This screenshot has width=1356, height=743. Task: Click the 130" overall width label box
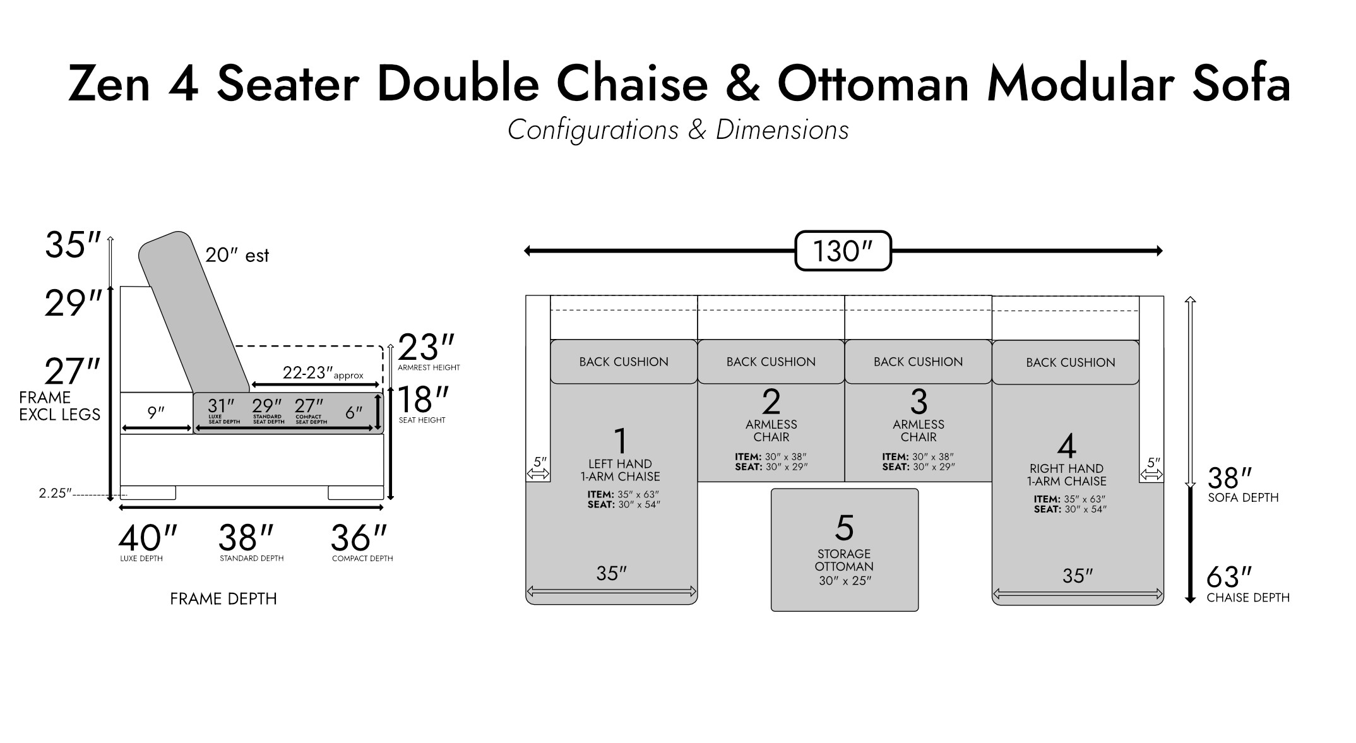tap(843, 251)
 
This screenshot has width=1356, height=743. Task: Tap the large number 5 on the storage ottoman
tap(845, 528)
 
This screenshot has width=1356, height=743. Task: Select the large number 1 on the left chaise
tap(621, 441)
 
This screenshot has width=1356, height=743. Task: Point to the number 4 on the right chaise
tap(1066, 446)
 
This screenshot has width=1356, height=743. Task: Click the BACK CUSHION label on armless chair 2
tap(771, 362)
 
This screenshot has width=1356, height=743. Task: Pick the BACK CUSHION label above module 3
tap(919, 362)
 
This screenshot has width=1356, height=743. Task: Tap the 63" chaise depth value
tap(1228, 577)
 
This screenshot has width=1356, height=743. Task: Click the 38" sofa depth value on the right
tap(1230, 478)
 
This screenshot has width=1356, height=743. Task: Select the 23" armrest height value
tap(426, 347)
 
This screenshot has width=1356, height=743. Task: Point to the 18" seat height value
tap(423, 400)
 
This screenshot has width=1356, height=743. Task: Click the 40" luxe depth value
tap(148, 538)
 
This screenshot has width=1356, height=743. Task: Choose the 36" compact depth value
tap(359, 538)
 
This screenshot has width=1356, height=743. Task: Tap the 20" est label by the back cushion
tap(237, 255)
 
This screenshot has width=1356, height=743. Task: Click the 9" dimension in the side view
tap(156, 413)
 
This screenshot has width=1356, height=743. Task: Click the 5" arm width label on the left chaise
tap(540, 461)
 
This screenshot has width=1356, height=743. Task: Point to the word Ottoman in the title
tap(873, 83)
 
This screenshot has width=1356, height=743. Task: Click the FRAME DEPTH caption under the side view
tap(223, 598)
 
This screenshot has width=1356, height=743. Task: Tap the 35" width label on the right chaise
tap(1078, 576)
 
